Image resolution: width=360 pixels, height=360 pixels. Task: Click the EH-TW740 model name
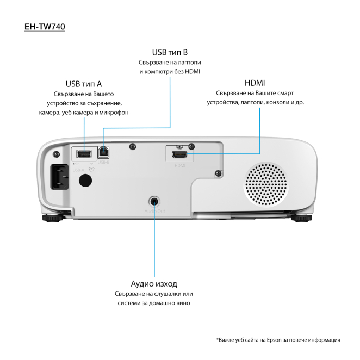coord(45,26)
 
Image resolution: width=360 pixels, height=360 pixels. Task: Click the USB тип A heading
coord(84,84)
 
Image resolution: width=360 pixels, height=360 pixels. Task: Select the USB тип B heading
coord(170,52)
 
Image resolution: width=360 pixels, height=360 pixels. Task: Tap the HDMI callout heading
coord(255,83)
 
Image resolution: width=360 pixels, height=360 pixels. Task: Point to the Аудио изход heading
coord(154,284)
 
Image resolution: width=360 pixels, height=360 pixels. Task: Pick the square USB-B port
coord(103,153)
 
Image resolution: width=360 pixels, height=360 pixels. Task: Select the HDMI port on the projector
coord(180,154)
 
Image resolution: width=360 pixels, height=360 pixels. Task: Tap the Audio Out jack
coord(155,201)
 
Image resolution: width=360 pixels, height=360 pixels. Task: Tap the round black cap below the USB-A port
coord(84,181)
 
